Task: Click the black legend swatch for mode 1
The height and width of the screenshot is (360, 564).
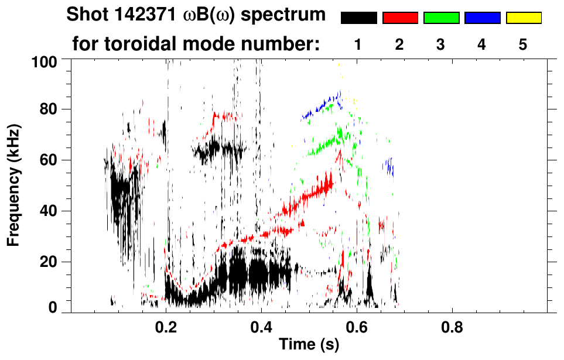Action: pos(358,18)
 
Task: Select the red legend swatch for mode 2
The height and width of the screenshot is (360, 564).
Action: pos(400,18)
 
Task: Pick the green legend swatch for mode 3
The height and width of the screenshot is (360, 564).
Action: pos(441,18)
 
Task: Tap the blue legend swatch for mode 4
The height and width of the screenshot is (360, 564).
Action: pos(482,18)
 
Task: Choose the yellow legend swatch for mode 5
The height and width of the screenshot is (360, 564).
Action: pos(524,18)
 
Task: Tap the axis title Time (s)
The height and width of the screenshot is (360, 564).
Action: pos(308,345)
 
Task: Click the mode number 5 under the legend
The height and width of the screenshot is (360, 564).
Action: pos(523,44)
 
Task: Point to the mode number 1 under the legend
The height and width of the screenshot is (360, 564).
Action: pos(358,44)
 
